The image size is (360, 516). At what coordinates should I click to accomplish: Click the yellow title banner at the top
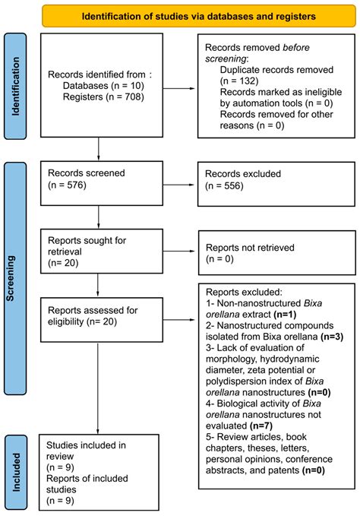tap(199, 16)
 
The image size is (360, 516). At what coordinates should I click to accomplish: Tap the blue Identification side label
tap(15, 86)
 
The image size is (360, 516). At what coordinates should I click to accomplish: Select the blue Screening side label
tap(15, 278)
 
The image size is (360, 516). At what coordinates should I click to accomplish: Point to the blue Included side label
tap(16, 473)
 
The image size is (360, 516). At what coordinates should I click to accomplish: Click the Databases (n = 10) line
tap(103, 86)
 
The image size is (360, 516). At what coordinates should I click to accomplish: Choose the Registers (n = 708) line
tap(103, 97)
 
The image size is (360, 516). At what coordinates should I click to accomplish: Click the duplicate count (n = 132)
tap(239, 81)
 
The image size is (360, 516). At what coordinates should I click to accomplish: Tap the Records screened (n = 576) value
tap(67, 185)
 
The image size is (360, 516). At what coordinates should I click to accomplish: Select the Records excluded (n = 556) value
tap(224, 186)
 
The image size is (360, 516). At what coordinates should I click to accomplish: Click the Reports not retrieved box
tap(276, 253)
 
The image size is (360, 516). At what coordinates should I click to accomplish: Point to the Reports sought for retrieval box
tap(102, 251)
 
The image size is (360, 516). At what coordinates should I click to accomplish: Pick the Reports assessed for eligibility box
tap(102, 320)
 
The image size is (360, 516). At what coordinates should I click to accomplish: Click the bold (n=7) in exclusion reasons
tap(261, 426)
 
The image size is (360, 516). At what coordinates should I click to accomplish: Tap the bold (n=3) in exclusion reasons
tap(332, 337)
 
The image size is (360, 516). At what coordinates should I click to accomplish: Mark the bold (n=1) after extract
tap(285, 315)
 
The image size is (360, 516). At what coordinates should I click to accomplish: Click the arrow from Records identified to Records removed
tap(178, 88)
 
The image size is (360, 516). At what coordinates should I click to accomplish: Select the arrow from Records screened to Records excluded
tap(178, 185)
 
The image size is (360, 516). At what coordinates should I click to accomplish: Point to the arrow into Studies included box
tap(98, 388)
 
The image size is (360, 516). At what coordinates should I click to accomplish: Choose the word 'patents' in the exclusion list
tap(281, 470)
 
